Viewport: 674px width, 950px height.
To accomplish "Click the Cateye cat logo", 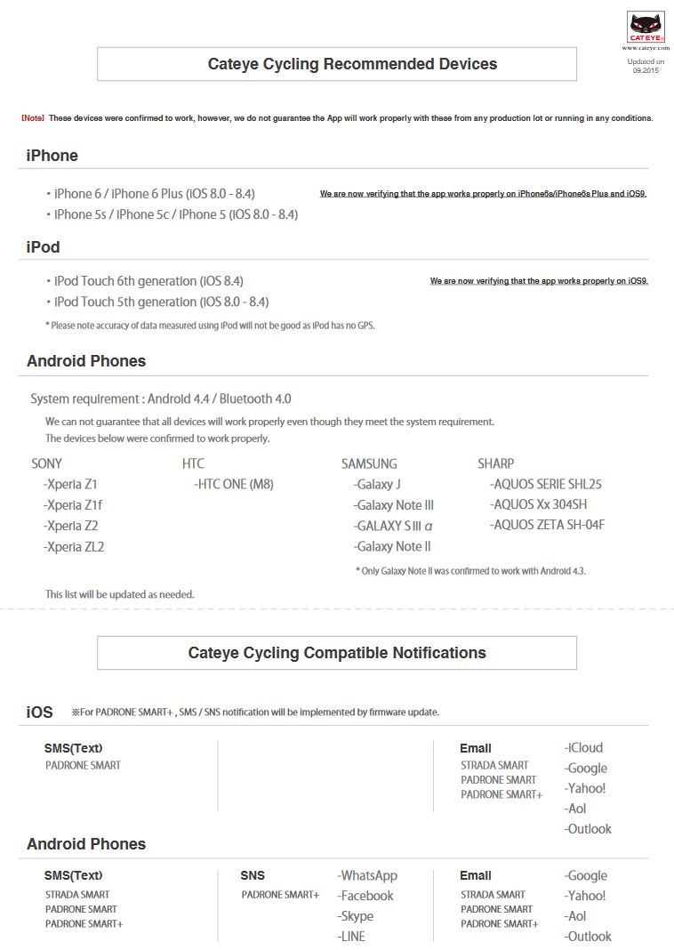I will point(646,28).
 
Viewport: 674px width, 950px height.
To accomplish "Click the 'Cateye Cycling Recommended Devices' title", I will point(352,64).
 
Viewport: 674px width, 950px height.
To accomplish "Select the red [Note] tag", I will point(32,118).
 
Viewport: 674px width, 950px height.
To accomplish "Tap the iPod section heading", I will point(44,246).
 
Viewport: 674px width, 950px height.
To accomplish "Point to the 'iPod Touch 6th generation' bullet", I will point(148,281).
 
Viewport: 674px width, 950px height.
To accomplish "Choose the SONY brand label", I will point(46,463).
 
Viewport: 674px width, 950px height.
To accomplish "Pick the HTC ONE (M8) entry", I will point(235,484).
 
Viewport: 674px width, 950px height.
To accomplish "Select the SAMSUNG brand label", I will point(369,463).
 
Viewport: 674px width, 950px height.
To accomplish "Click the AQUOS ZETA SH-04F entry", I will point(547,525).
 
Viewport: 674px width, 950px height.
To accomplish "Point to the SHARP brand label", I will point(495,463).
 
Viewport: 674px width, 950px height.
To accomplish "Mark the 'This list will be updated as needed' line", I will point(119,593).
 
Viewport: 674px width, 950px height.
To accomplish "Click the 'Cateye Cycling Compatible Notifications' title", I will point(337,653).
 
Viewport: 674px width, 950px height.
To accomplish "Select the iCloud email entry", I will point(583,747).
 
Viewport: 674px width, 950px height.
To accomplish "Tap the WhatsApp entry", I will point(367,875).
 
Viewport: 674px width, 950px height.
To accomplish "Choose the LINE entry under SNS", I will point(351,936).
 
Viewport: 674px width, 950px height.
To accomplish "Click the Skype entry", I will point(356,916).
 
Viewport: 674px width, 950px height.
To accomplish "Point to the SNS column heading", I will point(253,875).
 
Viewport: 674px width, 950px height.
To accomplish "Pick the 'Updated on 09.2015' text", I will point(646,66).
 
